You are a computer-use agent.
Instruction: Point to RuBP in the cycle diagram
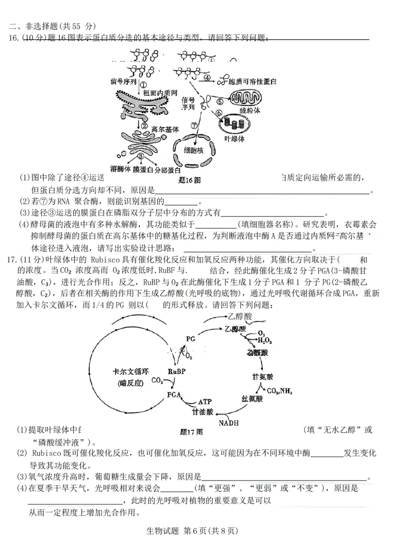tap(177, 371)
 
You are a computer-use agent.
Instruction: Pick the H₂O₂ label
tap(265, 340)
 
